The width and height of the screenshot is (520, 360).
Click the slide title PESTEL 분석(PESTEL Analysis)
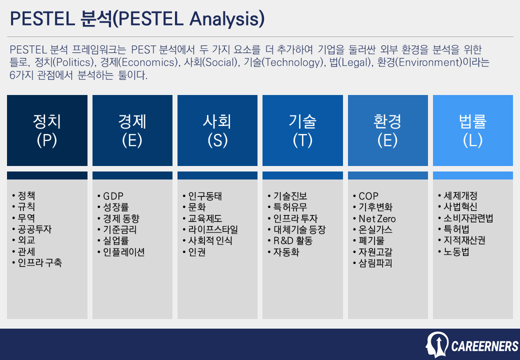[x=137, y=19]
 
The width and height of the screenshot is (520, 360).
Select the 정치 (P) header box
[x=47, y=130]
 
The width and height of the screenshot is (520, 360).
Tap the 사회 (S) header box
[x=217, y=130]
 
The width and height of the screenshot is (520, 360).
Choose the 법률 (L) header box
[x=472, y=130]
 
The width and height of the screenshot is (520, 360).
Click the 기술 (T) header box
[x=302, y=130]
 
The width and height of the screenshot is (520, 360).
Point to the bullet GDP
[x=113, y=196]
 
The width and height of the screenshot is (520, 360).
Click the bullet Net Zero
[x=377, y=218]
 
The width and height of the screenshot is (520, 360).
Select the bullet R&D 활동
[x=292, y=240]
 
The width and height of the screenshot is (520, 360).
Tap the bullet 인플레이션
[x=123, y=252]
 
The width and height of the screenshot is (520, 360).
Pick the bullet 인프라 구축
[x=40, y=263]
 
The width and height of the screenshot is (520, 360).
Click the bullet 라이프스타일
[x=213, y=229]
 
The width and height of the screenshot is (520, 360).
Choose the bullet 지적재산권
[x=464, y=240]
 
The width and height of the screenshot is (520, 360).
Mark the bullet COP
[x=368, y=196]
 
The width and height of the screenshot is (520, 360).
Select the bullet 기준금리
[x=119, y=229]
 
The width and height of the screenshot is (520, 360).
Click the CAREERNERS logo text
[x=484, y=346]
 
